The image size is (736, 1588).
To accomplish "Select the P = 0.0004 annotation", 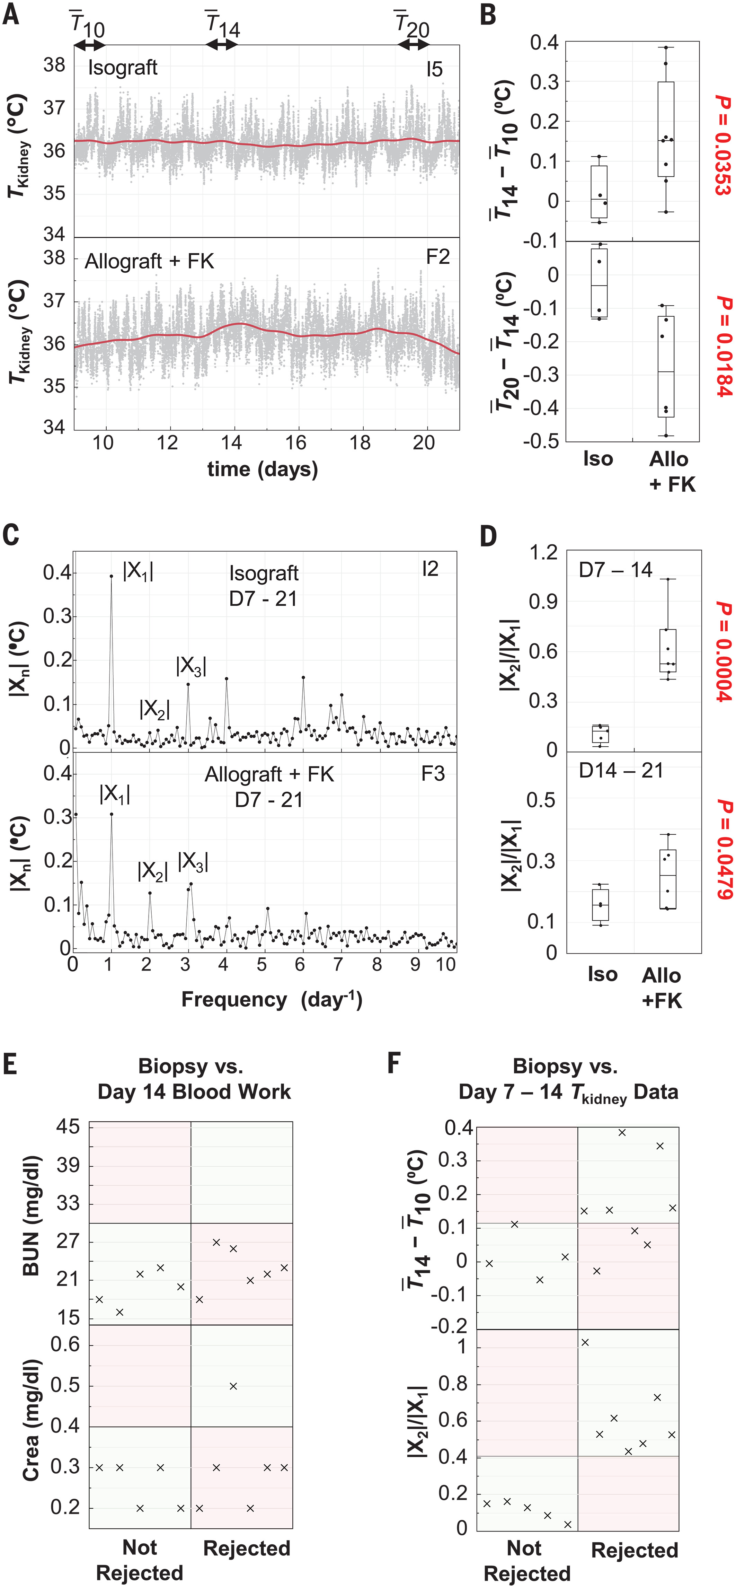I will [x=722, y=652].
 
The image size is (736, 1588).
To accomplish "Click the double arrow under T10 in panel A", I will [x=89, y=45].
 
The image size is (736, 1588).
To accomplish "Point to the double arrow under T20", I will [x=413, y=45].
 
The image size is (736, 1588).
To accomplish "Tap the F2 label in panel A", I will [x=438, y=256].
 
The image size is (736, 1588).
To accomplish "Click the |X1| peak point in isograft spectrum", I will [x=112, y=576].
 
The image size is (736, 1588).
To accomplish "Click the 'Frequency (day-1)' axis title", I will [x=271, y=999].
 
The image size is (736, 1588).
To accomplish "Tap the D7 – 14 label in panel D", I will [x=615, y=570].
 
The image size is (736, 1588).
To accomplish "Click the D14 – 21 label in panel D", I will [x=620, y=771].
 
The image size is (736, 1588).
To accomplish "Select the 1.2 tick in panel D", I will [x=543, y=552].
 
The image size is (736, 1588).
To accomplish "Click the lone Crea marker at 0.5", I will [x=233, y=1386].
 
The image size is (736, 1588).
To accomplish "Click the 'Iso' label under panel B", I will [x=598, y=459].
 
